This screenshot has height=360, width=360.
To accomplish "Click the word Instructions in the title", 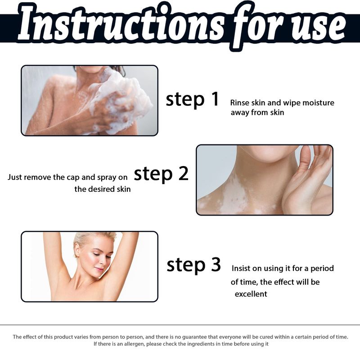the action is [x=121, y=25].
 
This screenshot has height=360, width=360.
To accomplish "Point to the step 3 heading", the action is [x=194, y=265].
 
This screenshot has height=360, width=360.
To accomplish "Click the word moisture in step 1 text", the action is [x=318, y=103].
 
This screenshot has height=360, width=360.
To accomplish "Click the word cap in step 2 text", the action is [x=73, y=177].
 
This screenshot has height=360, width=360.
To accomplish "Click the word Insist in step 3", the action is [x=242, y=268].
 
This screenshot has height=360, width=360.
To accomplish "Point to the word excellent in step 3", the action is [x=251, y=294].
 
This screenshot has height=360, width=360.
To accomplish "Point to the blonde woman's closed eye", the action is [x=95, y=254].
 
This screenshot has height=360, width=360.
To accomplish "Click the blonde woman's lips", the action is [x=99, y=269].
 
